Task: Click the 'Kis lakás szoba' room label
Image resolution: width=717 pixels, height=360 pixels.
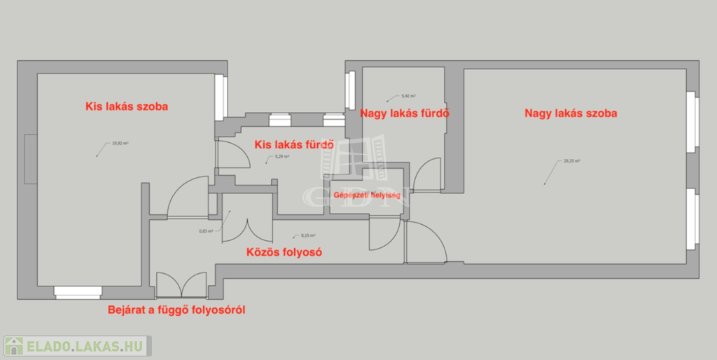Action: point(127,107)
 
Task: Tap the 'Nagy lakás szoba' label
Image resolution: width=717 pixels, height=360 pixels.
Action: point(571,113)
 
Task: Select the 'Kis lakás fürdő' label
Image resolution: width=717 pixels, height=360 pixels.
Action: point(293,145)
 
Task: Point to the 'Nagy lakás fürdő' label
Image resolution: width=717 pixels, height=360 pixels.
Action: point(404,113)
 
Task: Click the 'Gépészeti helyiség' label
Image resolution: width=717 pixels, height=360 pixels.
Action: point(367,195)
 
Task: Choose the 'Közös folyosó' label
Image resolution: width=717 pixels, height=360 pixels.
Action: point(284,252)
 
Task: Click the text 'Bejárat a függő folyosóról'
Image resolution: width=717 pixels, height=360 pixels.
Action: point(176,309)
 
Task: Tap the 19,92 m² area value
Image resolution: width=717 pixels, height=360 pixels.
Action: point(120,144)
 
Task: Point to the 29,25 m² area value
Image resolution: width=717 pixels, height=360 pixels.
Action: point(571,161)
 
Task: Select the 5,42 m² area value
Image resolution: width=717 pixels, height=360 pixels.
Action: point(409,95)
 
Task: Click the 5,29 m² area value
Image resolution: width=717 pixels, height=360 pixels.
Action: point(281,157)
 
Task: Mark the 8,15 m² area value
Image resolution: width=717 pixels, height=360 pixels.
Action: point(307,236)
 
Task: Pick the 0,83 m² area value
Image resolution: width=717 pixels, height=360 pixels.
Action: point(205,231)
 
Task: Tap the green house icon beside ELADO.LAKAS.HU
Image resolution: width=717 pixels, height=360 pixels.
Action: point(14,345)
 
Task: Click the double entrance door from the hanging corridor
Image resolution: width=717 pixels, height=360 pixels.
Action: point(181,285)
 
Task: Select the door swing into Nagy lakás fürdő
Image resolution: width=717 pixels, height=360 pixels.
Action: point(426,176)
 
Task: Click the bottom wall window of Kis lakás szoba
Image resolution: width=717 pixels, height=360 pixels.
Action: point(78,292)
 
